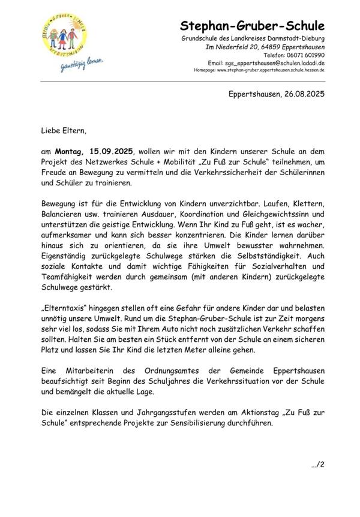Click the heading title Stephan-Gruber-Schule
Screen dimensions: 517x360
click(x=252, y=26)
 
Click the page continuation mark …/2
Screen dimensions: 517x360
click(x=317, y=464)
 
